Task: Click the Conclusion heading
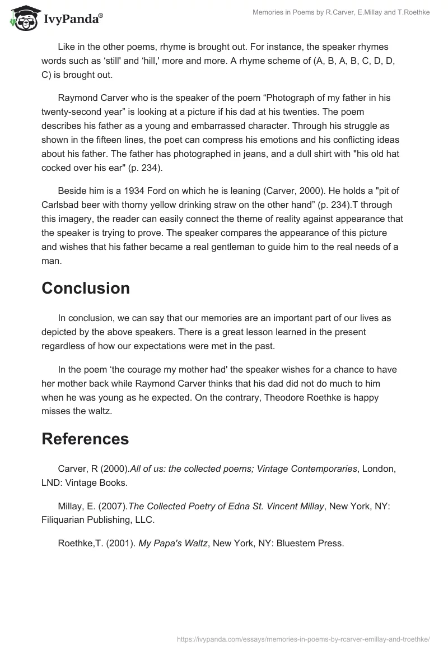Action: click(x=86, y=288)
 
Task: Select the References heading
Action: click(x=85, y=439)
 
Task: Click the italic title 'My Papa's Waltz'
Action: click(x=172, y=543)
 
